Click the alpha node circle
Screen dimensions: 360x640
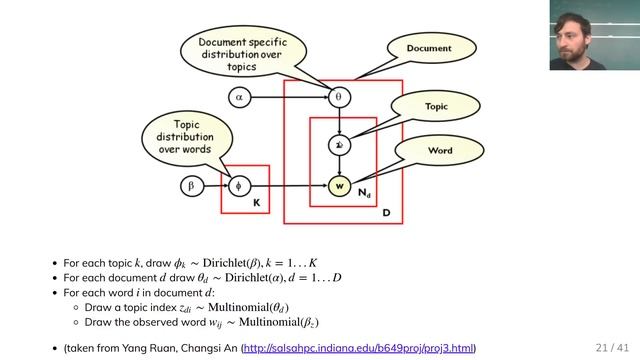pyautogui.click(x=238, y=97)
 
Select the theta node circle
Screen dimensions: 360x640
pyautogui.click(x=338, y=97)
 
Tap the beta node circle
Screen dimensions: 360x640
pyautogui.click(x=191, y=185)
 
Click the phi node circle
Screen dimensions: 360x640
pyautogui.click(x=238, y=185)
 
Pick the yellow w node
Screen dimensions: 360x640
pyautogui.click(x=339, y=185)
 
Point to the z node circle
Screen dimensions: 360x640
pyautogui.click(x=339, y=145)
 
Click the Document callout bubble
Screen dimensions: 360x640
pyautogui.click(x=428, y=48)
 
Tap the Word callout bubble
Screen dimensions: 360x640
pyautogui.click(x=440, y=151)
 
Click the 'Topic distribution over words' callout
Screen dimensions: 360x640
pyautogui.click(x=184, y=135)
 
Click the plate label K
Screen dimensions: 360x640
pyautogui.click(x=256, y=203)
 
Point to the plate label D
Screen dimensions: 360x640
pyautogui.click(x=386, y=213)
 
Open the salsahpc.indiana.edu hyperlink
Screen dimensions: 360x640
pyautogui.click(x=359, y=347)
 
